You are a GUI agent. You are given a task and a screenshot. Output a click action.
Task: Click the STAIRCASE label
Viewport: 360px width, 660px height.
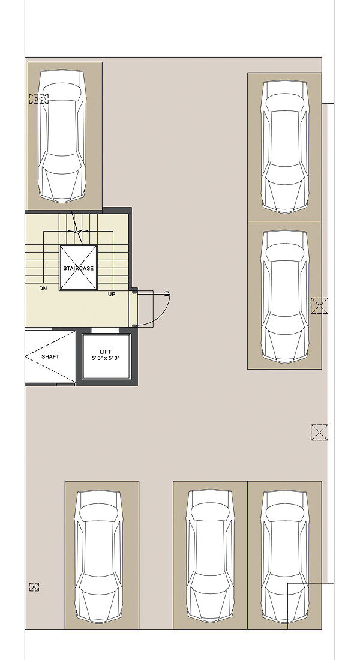tap(79, 268)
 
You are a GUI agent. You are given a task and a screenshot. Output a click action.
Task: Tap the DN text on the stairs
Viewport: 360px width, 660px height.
tap(43, 289)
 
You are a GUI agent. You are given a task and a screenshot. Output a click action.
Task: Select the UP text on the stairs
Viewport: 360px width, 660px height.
tap(112, 294)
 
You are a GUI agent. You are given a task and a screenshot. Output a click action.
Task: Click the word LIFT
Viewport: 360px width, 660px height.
tap(105, 352)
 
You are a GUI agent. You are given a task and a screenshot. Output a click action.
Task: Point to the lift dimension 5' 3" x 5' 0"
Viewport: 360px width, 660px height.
tap(105, 359)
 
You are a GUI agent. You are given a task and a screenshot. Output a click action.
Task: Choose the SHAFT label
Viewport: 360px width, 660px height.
tap(50, 356)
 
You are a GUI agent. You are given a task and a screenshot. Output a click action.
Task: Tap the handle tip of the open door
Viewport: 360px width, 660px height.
tap(168, 293)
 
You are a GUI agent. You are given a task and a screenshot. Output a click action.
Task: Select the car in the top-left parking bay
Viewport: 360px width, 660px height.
tap(62, 136)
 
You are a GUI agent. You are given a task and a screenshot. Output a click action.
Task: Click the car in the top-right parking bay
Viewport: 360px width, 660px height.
tap(284, 147)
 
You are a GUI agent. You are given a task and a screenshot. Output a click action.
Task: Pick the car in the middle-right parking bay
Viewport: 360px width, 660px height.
tap(284, 296)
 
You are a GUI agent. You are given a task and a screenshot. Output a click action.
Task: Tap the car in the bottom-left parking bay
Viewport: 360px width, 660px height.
tap(99, 557)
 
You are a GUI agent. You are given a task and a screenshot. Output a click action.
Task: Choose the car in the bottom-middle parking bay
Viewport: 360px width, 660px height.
tap(210, 557)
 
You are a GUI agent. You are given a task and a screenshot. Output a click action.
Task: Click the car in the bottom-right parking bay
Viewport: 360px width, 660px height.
tap(284, 557)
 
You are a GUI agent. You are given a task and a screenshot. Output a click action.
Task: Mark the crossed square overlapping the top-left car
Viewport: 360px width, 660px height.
tap(39, 99)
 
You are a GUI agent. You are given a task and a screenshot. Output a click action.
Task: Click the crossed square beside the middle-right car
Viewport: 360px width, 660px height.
tap(319, 305)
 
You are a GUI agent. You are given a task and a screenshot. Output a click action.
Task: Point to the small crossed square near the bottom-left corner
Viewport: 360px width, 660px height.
tap(34, 587)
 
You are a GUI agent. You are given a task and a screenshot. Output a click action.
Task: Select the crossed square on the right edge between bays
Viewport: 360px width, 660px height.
tap(319, 433)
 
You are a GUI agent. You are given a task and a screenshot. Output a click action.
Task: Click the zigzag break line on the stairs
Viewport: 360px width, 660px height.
tap(77, 228)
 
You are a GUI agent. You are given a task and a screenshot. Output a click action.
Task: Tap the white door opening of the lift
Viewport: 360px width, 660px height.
tap(105, 330)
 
